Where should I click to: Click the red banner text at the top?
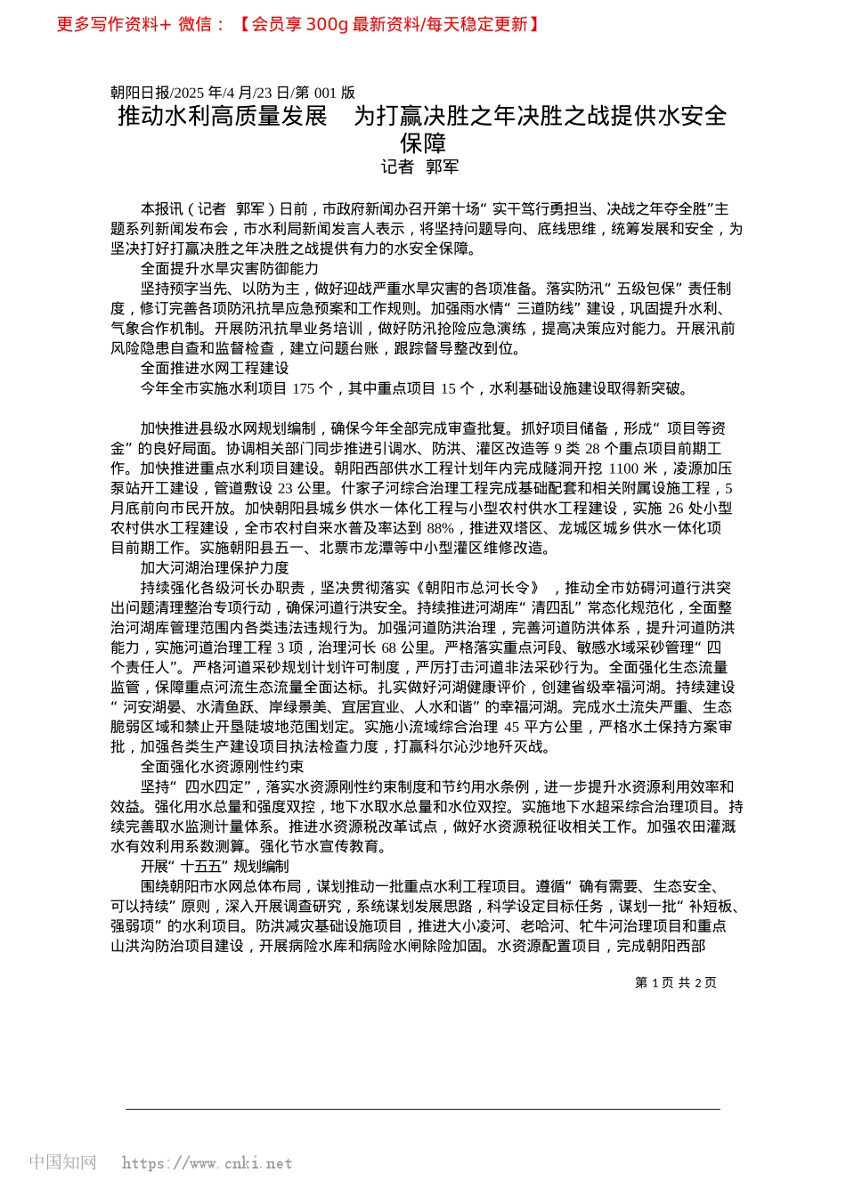(x=297, y=24)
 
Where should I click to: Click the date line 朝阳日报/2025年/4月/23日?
(x=232, y=93)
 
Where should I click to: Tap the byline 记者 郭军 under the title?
(x=420, y=167)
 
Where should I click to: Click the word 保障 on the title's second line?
(x=422, y=142)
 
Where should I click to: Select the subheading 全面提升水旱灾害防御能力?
(x=229, y=268)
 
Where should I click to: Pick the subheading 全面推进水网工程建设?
(x=214, y=368)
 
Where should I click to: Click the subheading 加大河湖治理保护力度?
(x=214, y=567)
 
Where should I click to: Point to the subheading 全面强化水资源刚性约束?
(x=222, y=766)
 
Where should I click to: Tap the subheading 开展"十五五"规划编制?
(x=214, y=866)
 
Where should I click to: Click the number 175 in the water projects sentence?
(x=303, y=388)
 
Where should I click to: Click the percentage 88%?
(x=440, y=528)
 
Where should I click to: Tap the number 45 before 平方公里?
(x=510, y=727)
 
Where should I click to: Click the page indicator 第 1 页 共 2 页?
(x=675, y=982)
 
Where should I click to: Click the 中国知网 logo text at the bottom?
(x=62, y=1162)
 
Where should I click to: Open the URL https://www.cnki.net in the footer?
(x=207, y=1163)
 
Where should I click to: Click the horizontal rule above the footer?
(x=422, y=1109)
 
